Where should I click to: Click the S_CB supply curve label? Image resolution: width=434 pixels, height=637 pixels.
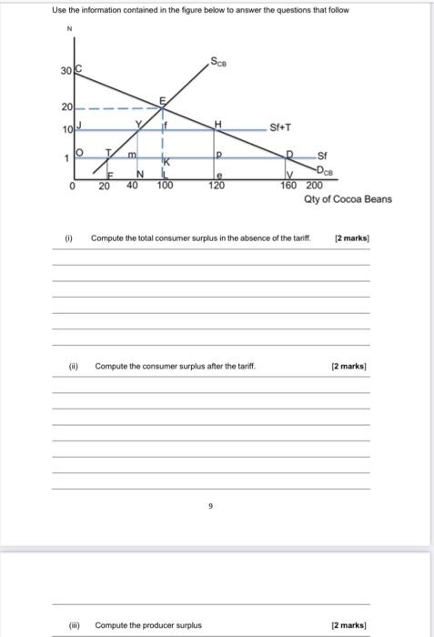point(219,63)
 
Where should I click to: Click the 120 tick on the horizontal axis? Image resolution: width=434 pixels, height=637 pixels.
point(216,185)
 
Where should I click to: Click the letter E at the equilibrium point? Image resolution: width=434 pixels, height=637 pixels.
point(164,99)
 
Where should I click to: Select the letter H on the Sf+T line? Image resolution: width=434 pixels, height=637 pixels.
point(217,124)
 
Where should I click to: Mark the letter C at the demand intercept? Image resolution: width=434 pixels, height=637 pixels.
point(77,70)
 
